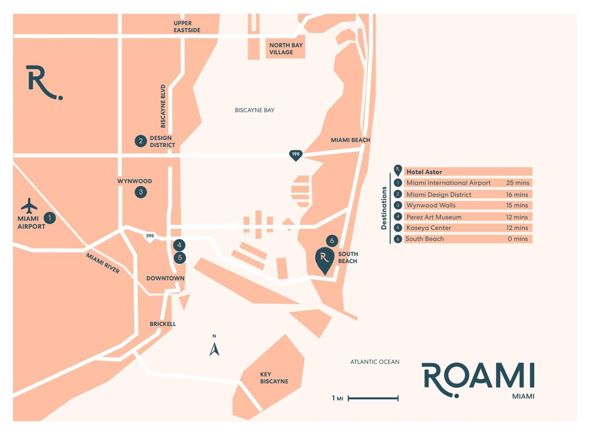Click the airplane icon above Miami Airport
(x=29, y=206)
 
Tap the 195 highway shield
(x=296, y=155)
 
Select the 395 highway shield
(x=150, y=237)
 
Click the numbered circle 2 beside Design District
(x=141, y=141)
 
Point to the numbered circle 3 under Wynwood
(x=141, y=192)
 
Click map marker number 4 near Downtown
(x=179, y=245)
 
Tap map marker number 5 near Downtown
(x=180, y=258)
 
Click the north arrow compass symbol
(x=214, y=349)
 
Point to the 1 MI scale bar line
(x=373, y=398)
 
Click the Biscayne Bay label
(x=255, y=110)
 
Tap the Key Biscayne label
(x=274, y=378)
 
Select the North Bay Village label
(x=286, y=49)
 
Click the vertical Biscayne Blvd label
(x=163, y=106)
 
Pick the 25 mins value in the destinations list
(x=518, y=183)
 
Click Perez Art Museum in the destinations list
(x=434, y=217)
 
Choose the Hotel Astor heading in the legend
(x=424, y=172)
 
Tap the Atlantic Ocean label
(x=375, y=362)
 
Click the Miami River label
(x=103, y=263)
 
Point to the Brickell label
(x=163, y=324)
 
